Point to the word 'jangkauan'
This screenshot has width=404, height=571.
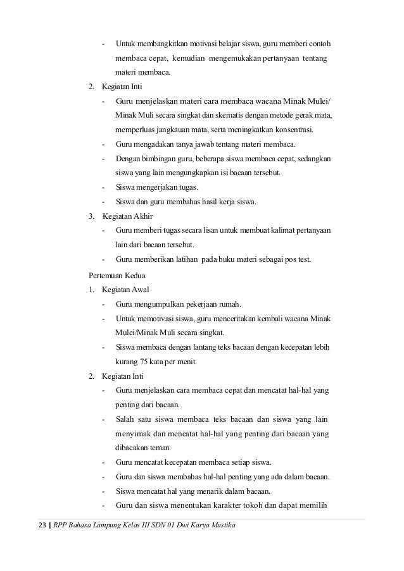[x=172, y=130]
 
